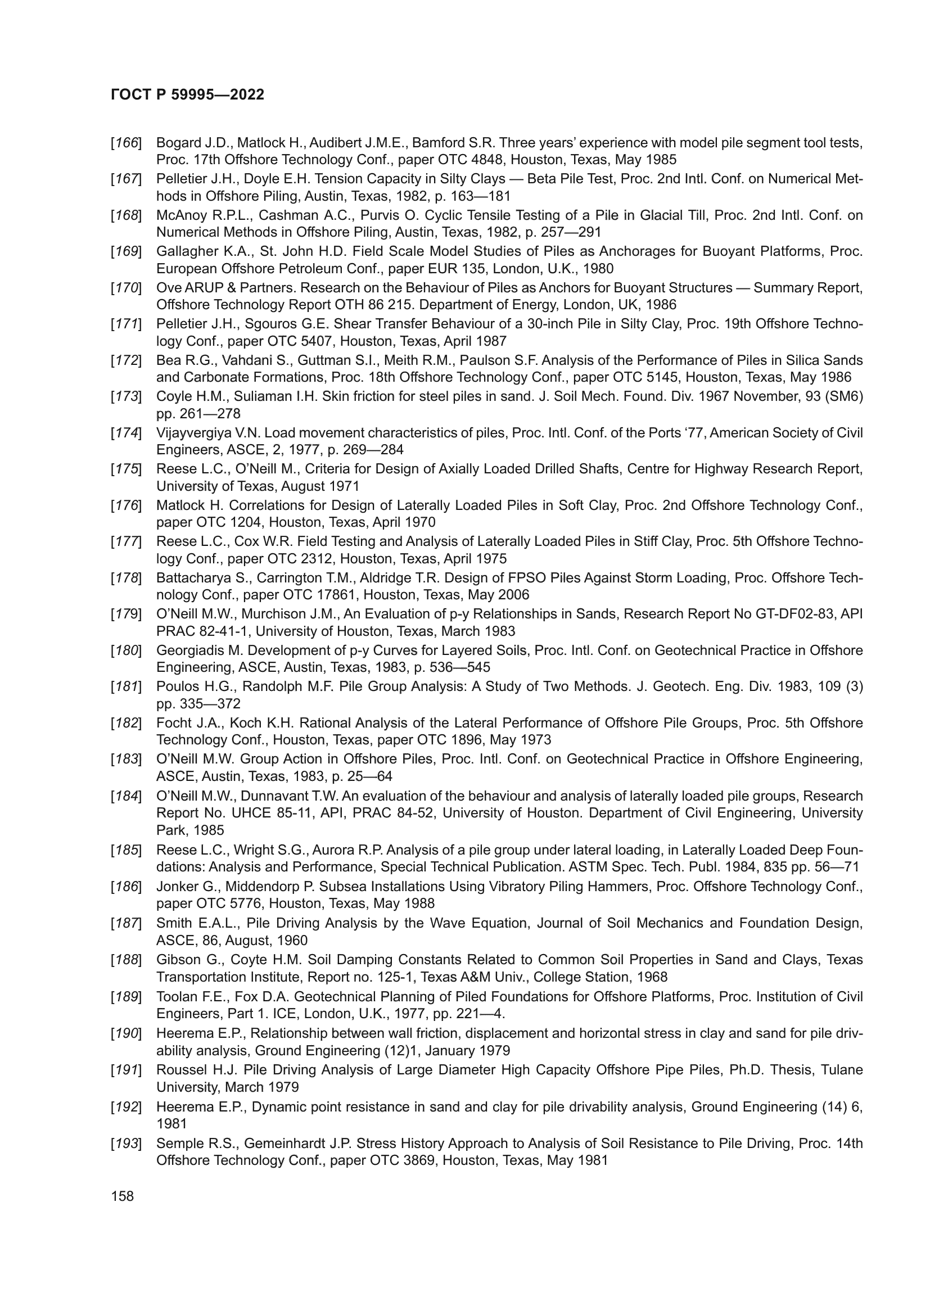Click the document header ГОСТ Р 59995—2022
(187, 95)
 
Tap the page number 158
(123, 1196)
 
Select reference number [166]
(126, 143)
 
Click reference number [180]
(126, 650)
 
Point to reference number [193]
(126, 1144)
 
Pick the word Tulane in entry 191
(842, 1070)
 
